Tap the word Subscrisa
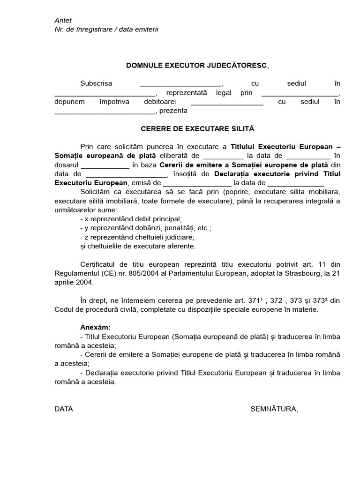click(96, 83)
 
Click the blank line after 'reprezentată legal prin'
click(300, 93)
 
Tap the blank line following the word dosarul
click(105, 165)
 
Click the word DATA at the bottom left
click(64, 409)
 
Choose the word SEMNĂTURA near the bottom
click(273, 409)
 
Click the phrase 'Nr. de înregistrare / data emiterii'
click(106, 29)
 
